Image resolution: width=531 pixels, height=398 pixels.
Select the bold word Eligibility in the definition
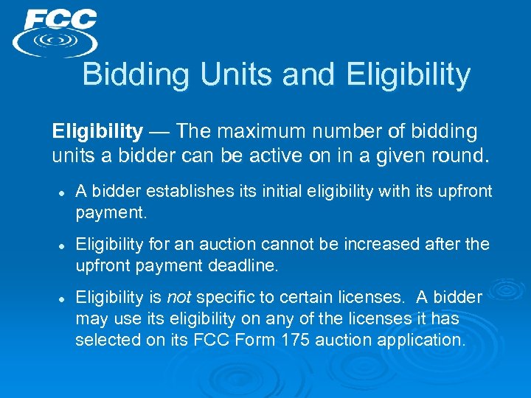[x=97, y=132]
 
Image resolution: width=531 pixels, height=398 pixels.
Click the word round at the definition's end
[x=462, y=156]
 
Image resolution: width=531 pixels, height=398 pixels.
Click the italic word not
[x=178, y=298]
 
